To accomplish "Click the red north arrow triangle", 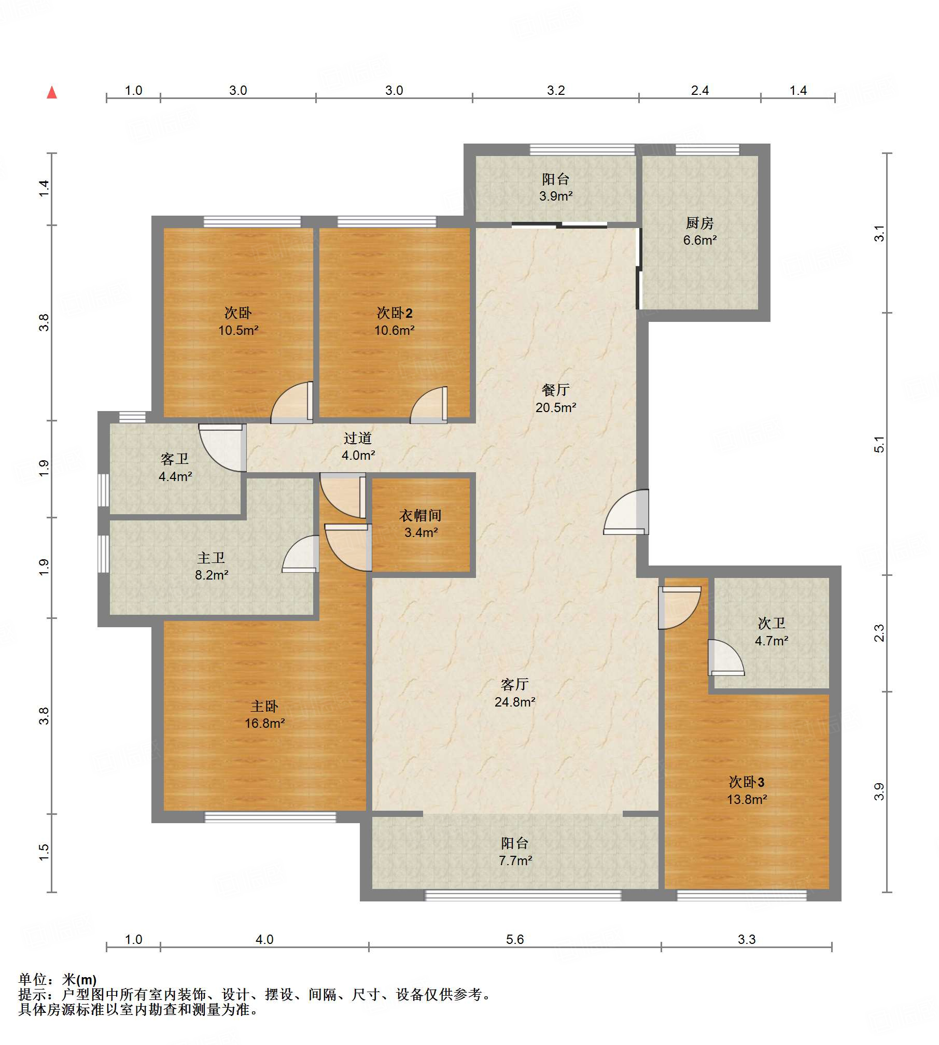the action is click(x=52, y=93).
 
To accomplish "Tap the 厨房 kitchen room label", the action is click(x=699, y=223).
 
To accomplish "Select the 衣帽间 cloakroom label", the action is click(x=421, y=515).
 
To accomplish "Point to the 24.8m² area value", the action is click(x=515, y=702).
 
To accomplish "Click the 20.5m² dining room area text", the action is click(x=556, y=407).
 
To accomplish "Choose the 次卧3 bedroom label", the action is click(x=747, y=782).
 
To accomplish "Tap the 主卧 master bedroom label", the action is click(x=264, y=706).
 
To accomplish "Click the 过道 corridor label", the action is click(x=358, y=438).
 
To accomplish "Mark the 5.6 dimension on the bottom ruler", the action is click(x=515, y=939).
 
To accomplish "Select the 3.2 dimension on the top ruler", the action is click(x=556, y=90).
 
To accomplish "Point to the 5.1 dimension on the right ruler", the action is click(x=879, y=444).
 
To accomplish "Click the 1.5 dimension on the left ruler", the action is click(x=44, y=853).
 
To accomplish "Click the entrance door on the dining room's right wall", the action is click(x=626, y=512).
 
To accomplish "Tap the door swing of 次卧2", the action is click(x=429, y=405).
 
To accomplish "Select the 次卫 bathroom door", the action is click(x=726, y=657).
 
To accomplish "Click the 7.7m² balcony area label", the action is click(x=515, y=860).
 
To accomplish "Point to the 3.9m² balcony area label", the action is click(x=556, y=196).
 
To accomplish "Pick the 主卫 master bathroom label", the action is click(x=211, y=558).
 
